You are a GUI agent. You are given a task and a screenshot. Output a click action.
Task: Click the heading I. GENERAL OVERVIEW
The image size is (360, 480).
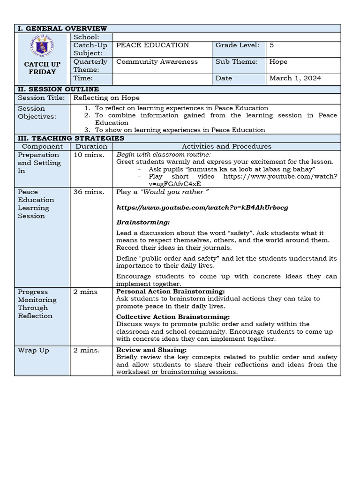(x=62, y=29)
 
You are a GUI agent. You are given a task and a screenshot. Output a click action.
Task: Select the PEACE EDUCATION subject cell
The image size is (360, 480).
(x=152, y=45)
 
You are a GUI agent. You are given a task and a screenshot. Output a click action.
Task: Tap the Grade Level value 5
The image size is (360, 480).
(x=272, y=45)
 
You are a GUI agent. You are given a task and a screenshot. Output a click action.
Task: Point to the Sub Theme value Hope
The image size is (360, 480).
(x=278, y=62)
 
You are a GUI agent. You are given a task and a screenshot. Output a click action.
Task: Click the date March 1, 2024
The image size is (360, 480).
(x=295, y=78)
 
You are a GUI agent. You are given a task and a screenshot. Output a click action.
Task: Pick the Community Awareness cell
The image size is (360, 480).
(x=157, y=62)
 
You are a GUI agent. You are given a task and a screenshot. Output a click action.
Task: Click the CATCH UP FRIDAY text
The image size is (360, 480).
(x=42, y=68)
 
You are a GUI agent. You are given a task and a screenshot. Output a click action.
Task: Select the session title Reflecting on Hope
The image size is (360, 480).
(x=105, y=98)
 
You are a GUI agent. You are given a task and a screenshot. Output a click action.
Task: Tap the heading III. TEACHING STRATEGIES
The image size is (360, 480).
(x=71, y=138)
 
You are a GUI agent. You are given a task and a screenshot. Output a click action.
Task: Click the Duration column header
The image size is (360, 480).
(x=91, y=147)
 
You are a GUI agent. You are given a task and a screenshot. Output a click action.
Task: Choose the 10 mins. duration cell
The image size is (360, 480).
(x=85, y=155)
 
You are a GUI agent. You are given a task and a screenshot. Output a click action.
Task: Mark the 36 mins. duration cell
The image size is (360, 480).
(x=85, y=192)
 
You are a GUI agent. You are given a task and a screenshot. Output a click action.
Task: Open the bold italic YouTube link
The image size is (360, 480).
(x=202, y=207)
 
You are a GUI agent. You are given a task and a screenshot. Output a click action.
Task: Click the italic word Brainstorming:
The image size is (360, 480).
(x=143, y=222)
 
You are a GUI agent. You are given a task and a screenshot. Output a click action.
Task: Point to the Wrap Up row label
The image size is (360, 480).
(x=33, y=351)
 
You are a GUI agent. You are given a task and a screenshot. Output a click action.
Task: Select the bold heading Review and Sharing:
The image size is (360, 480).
(x=151, y=350)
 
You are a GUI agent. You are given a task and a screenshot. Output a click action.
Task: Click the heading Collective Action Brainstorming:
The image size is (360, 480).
(x=173, y=317)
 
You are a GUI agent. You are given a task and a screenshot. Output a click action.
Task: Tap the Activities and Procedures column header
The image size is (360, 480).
(x=226, y=147)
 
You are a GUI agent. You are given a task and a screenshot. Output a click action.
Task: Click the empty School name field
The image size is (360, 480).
(x=226, y=37)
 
